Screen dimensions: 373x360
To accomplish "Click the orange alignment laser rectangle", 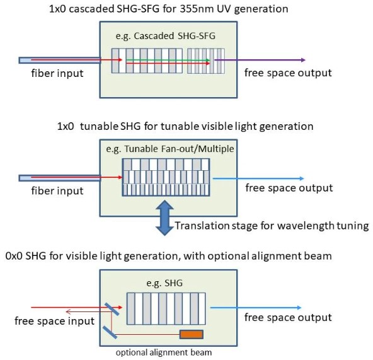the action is tap(192, 334).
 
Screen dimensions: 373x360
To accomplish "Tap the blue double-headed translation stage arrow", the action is tap(164, 218).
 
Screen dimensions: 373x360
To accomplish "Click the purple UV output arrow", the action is tap(260, 60).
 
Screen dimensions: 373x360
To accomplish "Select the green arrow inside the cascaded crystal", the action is tap(168, 60).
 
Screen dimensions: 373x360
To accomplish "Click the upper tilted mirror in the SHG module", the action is tap(112, 309).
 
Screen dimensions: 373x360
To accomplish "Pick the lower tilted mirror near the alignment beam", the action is tap(110, 332).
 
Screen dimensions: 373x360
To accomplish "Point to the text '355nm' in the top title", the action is tap(193, 9).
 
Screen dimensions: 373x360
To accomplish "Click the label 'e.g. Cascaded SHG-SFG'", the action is tap(166, 36).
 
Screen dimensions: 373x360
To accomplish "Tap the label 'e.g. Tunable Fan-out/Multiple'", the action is tap(170, 149).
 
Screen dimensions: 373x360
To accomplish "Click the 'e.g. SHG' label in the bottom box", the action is tap(164, 283).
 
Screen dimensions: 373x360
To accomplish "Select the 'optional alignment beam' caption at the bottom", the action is tap(164, 352).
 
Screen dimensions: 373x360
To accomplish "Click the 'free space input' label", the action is tap(54, 321).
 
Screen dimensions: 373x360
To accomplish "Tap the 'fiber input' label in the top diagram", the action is tap(57, 73).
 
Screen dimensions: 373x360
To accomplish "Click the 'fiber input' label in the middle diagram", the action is tap(57, 190).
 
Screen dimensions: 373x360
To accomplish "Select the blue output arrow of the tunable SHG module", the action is tap(258, 178).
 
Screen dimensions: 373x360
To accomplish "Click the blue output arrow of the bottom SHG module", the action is tap(256, 308).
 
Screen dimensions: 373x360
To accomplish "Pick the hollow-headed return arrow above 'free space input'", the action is tap(89, 311).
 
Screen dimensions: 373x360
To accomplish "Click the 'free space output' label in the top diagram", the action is tap(288, 73).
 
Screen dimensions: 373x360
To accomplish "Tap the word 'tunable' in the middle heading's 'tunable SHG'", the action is tap(99, 126).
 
